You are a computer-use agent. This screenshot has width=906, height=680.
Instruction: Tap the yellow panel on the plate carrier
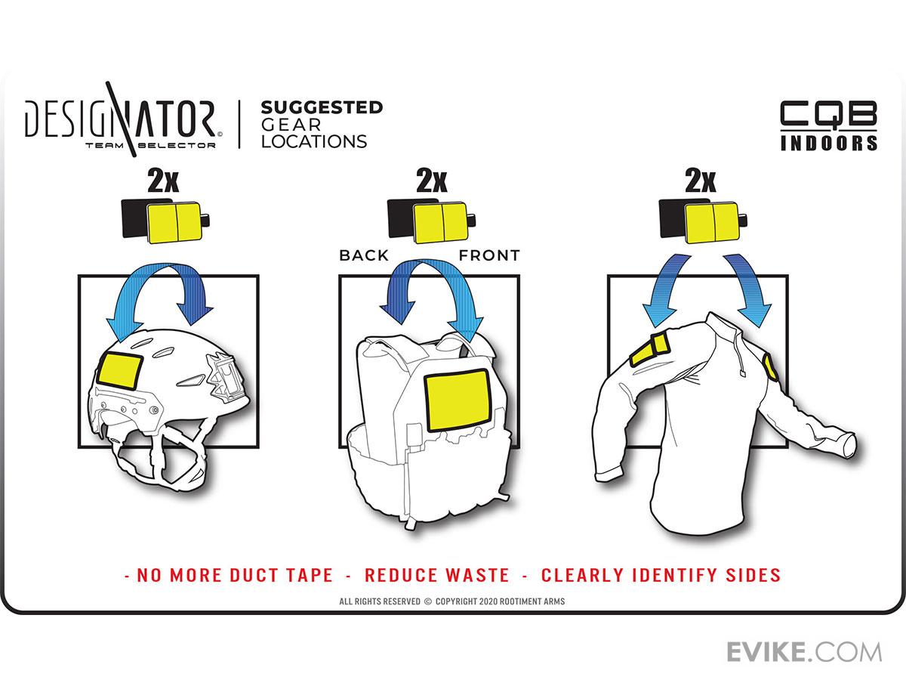click(457, 400)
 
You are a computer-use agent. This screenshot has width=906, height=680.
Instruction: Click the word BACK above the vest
click(364, 255)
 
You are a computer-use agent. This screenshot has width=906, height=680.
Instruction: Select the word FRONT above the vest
click(489, 255)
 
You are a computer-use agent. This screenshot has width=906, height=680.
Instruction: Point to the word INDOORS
click(829, 143)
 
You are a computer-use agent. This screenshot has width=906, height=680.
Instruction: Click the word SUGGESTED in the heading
click(322, 108)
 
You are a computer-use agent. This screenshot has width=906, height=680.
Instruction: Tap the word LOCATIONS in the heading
click(314, 141)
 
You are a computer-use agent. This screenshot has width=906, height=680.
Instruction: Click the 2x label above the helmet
click(163, 181)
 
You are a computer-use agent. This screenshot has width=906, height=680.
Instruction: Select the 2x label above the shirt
click(701, 181)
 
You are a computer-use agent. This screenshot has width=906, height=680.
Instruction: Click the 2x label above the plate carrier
click(432, 181)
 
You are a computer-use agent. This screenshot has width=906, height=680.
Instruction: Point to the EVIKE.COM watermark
click(804, 652)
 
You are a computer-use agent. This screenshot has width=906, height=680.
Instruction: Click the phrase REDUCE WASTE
click(437, 575)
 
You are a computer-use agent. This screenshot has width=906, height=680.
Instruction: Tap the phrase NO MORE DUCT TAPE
click(235, 575)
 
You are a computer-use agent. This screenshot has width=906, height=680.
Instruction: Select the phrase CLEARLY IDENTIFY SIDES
click(661, 575)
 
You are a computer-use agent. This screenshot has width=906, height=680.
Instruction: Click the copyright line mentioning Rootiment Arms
click(452, 601)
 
